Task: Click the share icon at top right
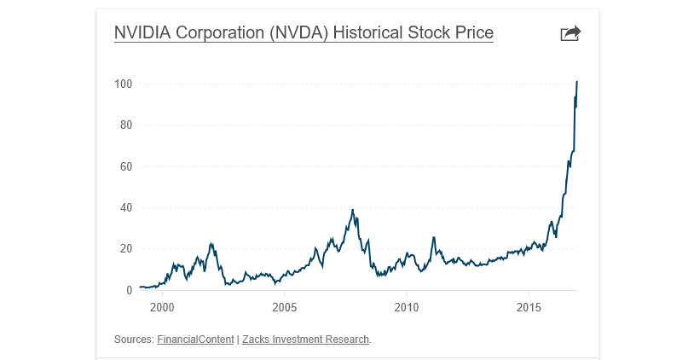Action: [570, 33]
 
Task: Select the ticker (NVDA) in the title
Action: [300, 33]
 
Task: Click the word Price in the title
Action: [473, 33]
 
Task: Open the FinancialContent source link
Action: [195, 340]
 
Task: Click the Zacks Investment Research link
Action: [306, 340]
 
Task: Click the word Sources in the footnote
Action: [133, 340]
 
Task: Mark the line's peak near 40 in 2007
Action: [353, 210]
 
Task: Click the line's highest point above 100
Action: [577, 82]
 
